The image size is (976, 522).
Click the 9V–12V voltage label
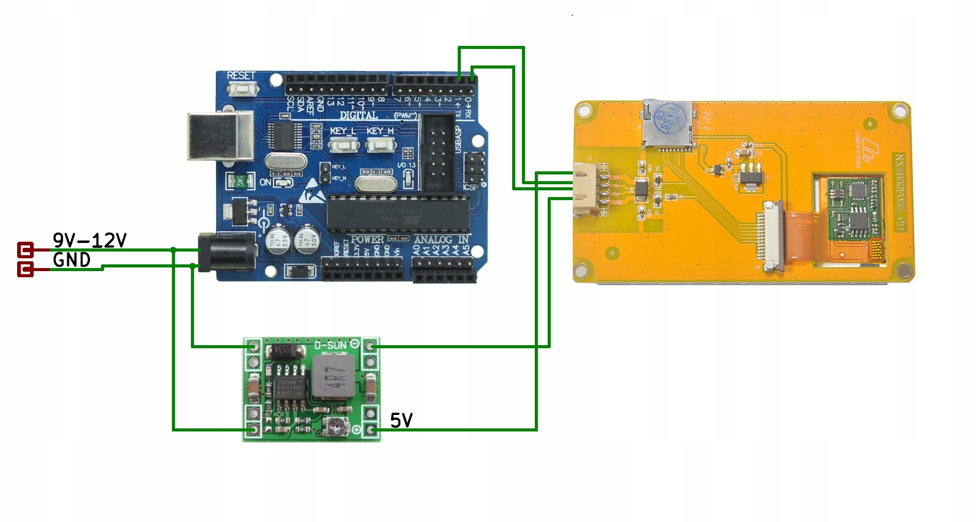(89, 240)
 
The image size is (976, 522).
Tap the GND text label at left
(72, 260)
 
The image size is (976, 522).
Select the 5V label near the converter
(401, 420)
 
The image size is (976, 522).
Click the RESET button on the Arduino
(242, 89)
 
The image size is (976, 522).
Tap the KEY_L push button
(343, 144)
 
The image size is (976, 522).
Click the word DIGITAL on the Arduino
(359, 115)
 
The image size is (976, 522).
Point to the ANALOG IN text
(441, 239)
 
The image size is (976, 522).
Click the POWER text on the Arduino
(367, 239)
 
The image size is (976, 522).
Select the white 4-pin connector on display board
(586, 189)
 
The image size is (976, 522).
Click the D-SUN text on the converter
(330, 345)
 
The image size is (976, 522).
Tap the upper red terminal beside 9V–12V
(25, 250)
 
